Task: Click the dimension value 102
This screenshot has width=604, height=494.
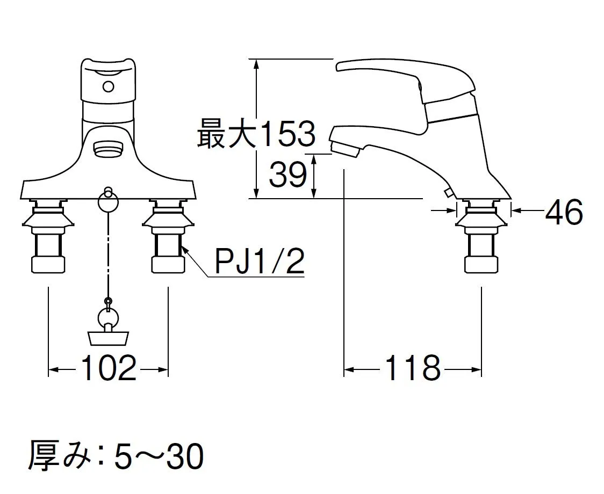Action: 109,369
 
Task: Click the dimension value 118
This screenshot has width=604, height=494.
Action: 412,369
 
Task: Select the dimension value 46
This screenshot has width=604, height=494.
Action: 564,212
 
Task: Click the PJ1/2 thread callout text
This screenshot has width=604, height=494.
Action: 260,261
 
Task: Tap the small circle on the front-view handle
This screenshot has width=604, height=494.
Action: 109,86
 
